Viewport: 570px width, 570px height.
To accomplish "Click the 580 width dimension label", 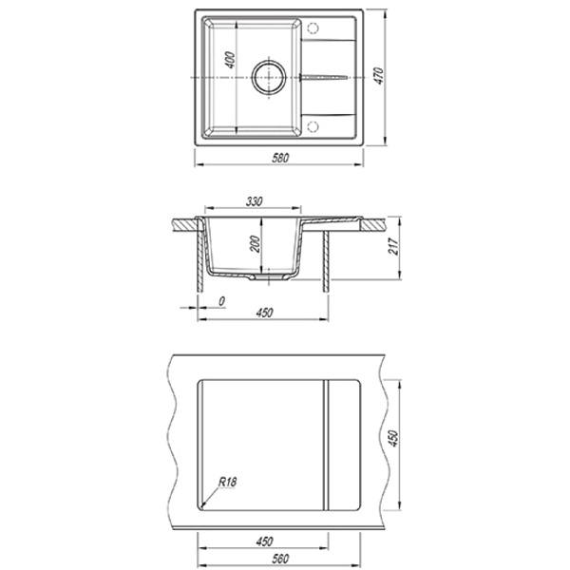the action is pos(280,158).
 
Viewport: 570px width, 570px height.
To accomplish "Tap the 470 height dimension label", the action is pos(379,76).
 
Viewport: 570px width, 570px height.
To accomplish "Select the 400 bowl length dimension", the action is pos(231,61).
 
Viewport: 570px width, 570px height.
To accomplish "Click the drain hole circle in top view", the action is pos(269,78).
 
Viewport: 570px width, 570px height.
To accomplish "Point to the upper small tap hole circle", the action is pos(313,28).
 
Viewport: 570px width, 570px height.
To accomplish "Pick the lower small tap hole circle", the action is pos(313,127).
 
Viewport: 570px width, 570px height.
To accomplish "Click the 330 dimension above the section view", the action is pos(254,201).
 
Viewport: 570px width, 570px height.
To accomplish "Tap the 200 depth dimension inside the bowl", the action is pos(255,244).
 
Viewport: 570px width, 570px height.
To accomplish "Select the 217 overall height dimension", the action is pos(394,246).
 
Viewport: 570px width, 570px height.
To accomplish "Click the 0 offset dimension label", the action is pos(221,301).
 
